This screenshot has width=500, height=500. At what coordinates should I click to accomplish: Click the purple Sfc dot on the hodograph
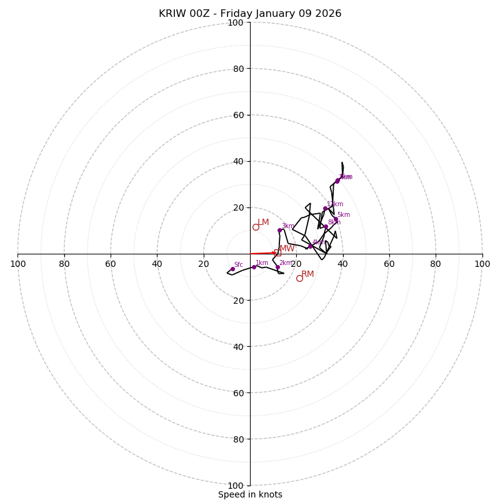tap(232, 269)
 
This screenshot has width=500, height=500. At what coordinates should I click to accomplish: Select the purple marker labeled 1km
tap(254, 267)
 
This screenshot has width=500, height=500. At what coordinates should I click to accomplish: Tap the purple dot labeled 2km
tap(277, 267)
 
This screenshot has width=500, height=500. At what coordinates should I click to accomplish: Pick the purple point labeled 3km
tap(279, 231)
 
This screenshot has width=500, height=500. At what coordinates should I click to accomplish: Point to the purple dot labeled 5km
tap(336, 219)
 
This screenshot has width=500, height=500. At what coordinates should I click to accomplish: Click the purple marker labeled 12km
tap(325, 208)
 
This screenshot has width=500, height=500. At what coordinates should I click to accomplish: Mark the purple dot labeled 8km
tap(326, 226)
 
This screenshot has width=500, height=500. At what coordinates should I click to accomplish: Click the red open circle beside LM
tap(256, 227)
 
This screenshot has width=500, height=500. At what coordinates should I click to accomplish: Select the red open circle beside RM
tap(299, 278)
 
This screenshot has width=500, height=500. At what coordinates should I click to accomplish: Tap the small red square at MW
tap(277, 252)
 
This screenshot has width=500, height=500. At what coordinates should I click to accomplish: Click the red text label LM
tap(263, 222)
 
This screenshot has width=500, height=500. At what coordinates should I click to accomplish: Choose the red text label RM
tap(307, 274)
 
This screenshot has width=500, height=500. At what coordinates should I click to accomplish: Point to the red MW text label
tap(287, 249)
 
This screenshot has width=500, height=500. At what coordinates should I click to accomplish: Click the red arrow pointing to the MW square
tap(262, 253)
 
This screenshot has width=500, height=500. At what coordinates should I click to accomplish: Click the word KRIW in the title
tap(171, 14)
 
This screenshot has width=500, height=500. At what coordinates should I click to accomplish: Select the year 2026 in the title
tap(329, 14)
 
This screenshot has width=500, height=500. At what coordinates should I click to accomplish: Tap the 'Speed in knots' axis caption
tap(250, 494)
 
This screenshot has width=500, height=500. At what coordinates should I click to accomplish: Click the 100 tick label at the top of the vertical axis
tap(235, 22)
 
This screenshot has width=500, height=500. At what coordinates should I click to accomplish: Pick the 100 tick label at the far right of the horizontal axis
tap(482, 264)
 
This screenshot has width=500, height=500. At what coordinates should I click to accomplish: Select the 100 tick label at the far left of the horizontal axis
tap(18, 264)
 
